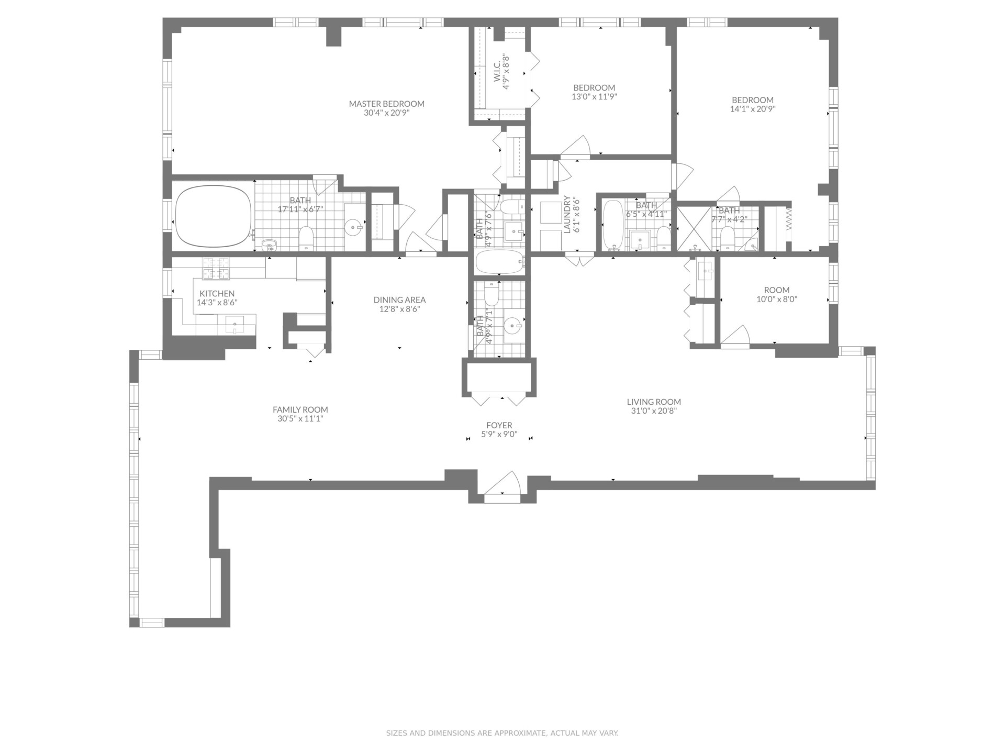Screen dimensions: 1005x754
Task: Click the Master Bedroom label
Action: [386, 104]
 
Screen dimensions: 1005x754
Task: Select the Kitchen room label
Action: [217, 294]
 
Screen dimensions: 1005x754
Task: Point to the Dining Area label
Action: [399, 300]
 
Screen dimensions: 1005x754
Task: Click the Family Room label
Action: [300, 410]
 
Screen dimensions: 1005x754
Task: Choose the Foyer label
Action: [499, 425]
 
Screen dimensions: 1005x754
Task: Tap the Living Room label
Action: [654, 402]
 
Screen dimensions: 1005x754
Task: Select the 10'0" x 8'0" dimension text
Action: [777, 300]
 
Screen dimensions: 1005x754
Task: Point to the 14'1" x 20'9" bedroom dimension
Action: [753, 109]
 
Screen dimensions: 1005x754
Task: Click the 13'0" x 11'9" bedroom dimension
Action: [594, 96]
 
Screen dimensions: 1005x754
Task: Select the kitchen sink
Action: [234, 325]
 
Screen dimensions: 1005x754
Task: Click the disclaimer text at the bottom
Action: [502, 733]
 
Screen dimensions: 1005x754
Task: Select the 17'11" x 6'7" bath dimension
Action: [300, 209]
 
